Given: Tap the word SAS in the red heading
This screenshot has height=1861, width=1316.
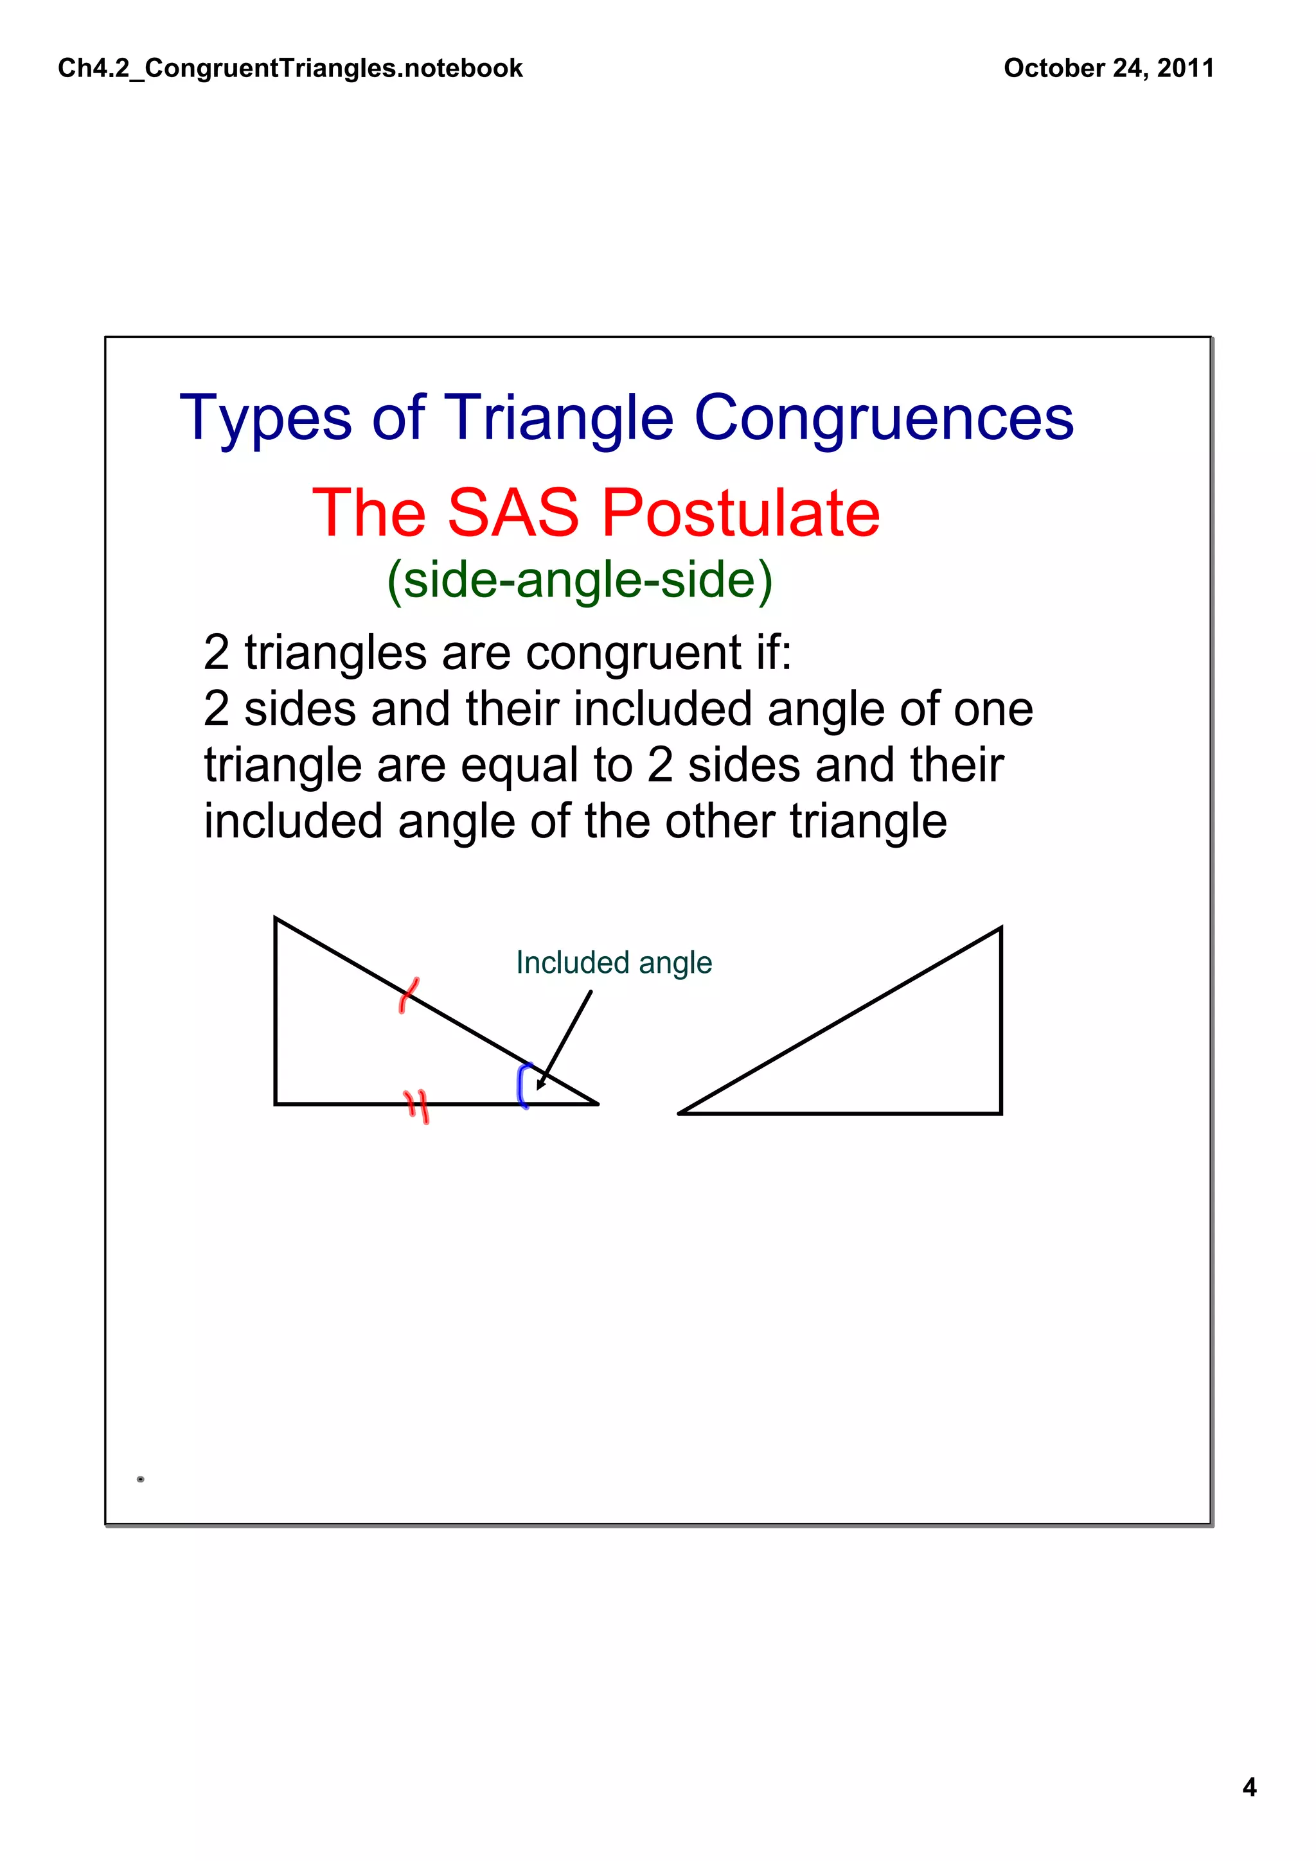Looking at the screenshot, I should click(x=512, y=513).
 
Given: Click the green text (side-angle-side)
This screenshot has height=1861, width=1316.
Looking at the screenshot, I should click(x=579, y=581).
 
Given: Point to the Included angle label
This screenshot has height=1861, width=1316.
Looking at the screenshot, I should click(x=613, y=963).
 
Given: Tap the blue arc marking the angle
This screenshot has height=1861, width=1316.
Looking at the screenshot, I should click(x=523, y=1085).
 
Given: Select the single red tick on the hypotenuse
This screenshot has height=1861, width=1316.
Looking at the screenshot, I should click(x=409, y=995).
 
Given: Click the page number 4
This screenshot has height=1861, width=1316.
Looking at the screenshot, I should click(x=1249, y=1787).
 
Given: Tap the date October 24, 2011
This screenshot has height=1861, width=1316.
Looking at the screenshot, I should click(x=1108, y=68).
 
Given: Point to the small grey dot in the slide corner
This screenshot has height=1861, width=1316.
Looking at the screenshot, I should click(x=140, y=1480).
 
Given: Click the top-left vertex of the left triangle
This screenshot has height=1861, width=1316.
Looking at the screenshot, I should click(x=276, y=918).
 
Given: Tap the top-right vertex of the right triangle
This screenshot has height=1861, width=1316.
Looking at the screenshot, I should click(x=1000, y=929).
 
